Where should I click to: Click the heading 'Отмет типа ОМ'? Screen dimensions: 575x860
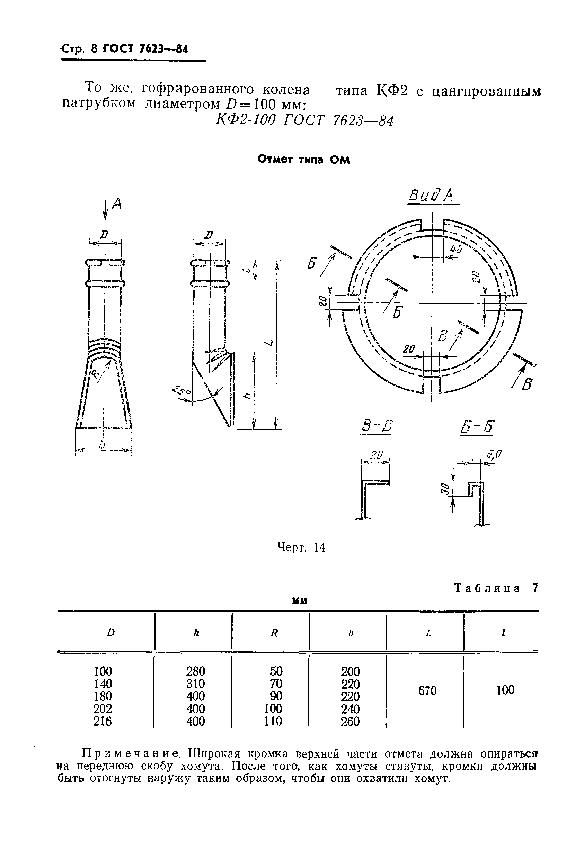[304, 160]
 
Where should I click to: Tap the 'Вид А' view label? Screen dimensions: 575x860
[431, 196]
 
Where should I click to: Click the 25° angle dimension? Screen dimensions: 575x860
[182, 390]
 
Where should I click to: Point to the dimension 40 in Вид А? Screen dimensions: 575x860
[456, 250]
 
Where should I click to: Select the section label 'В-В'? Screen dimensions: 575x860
[376, 426]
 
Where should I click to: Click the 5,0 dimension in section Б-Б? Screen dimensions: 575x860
[494, 455]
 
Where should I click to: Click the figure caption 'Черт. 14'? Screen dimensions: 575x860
[301, 547]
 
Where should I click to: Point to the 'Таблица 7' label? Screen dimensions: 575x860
[496, 588]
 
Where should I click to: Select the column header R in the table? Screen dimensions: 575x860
[274, 633]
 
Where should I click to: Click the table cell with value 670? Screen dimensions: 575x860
[427, 691]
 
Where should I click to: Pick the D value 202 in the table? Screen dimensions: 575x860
[103, 709]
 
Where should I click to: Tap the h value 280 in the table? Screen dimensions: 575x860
[195, 671]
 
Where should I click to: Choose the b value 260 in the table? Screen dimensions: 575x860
[350, 722]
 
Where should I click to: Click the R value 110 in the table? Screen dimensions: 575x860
[273, 721]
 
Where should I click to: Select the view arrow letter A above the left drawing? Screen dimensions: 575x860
[117, 204]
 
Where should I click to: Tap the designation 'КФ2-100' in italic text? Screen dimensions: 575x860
[246, 120]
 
